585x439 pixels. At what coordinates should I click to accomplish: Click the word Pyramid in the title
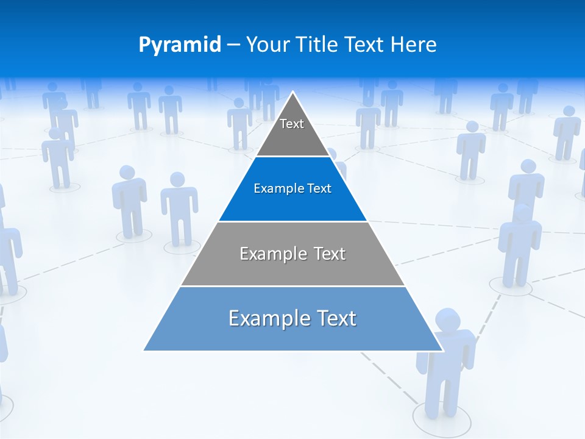[x=180, y=45]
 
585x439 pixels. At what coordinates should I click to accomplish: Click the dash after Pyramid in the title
[x=233, y=45]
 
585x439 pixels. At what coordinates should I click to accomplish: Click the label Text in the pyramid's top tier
[x=292, y=124]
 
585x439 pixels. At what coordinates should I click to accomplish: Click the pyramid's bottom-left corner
[x=144, y=350]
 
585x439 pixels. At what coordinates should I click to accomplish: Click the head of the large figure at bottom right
[x=447, y=320]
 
